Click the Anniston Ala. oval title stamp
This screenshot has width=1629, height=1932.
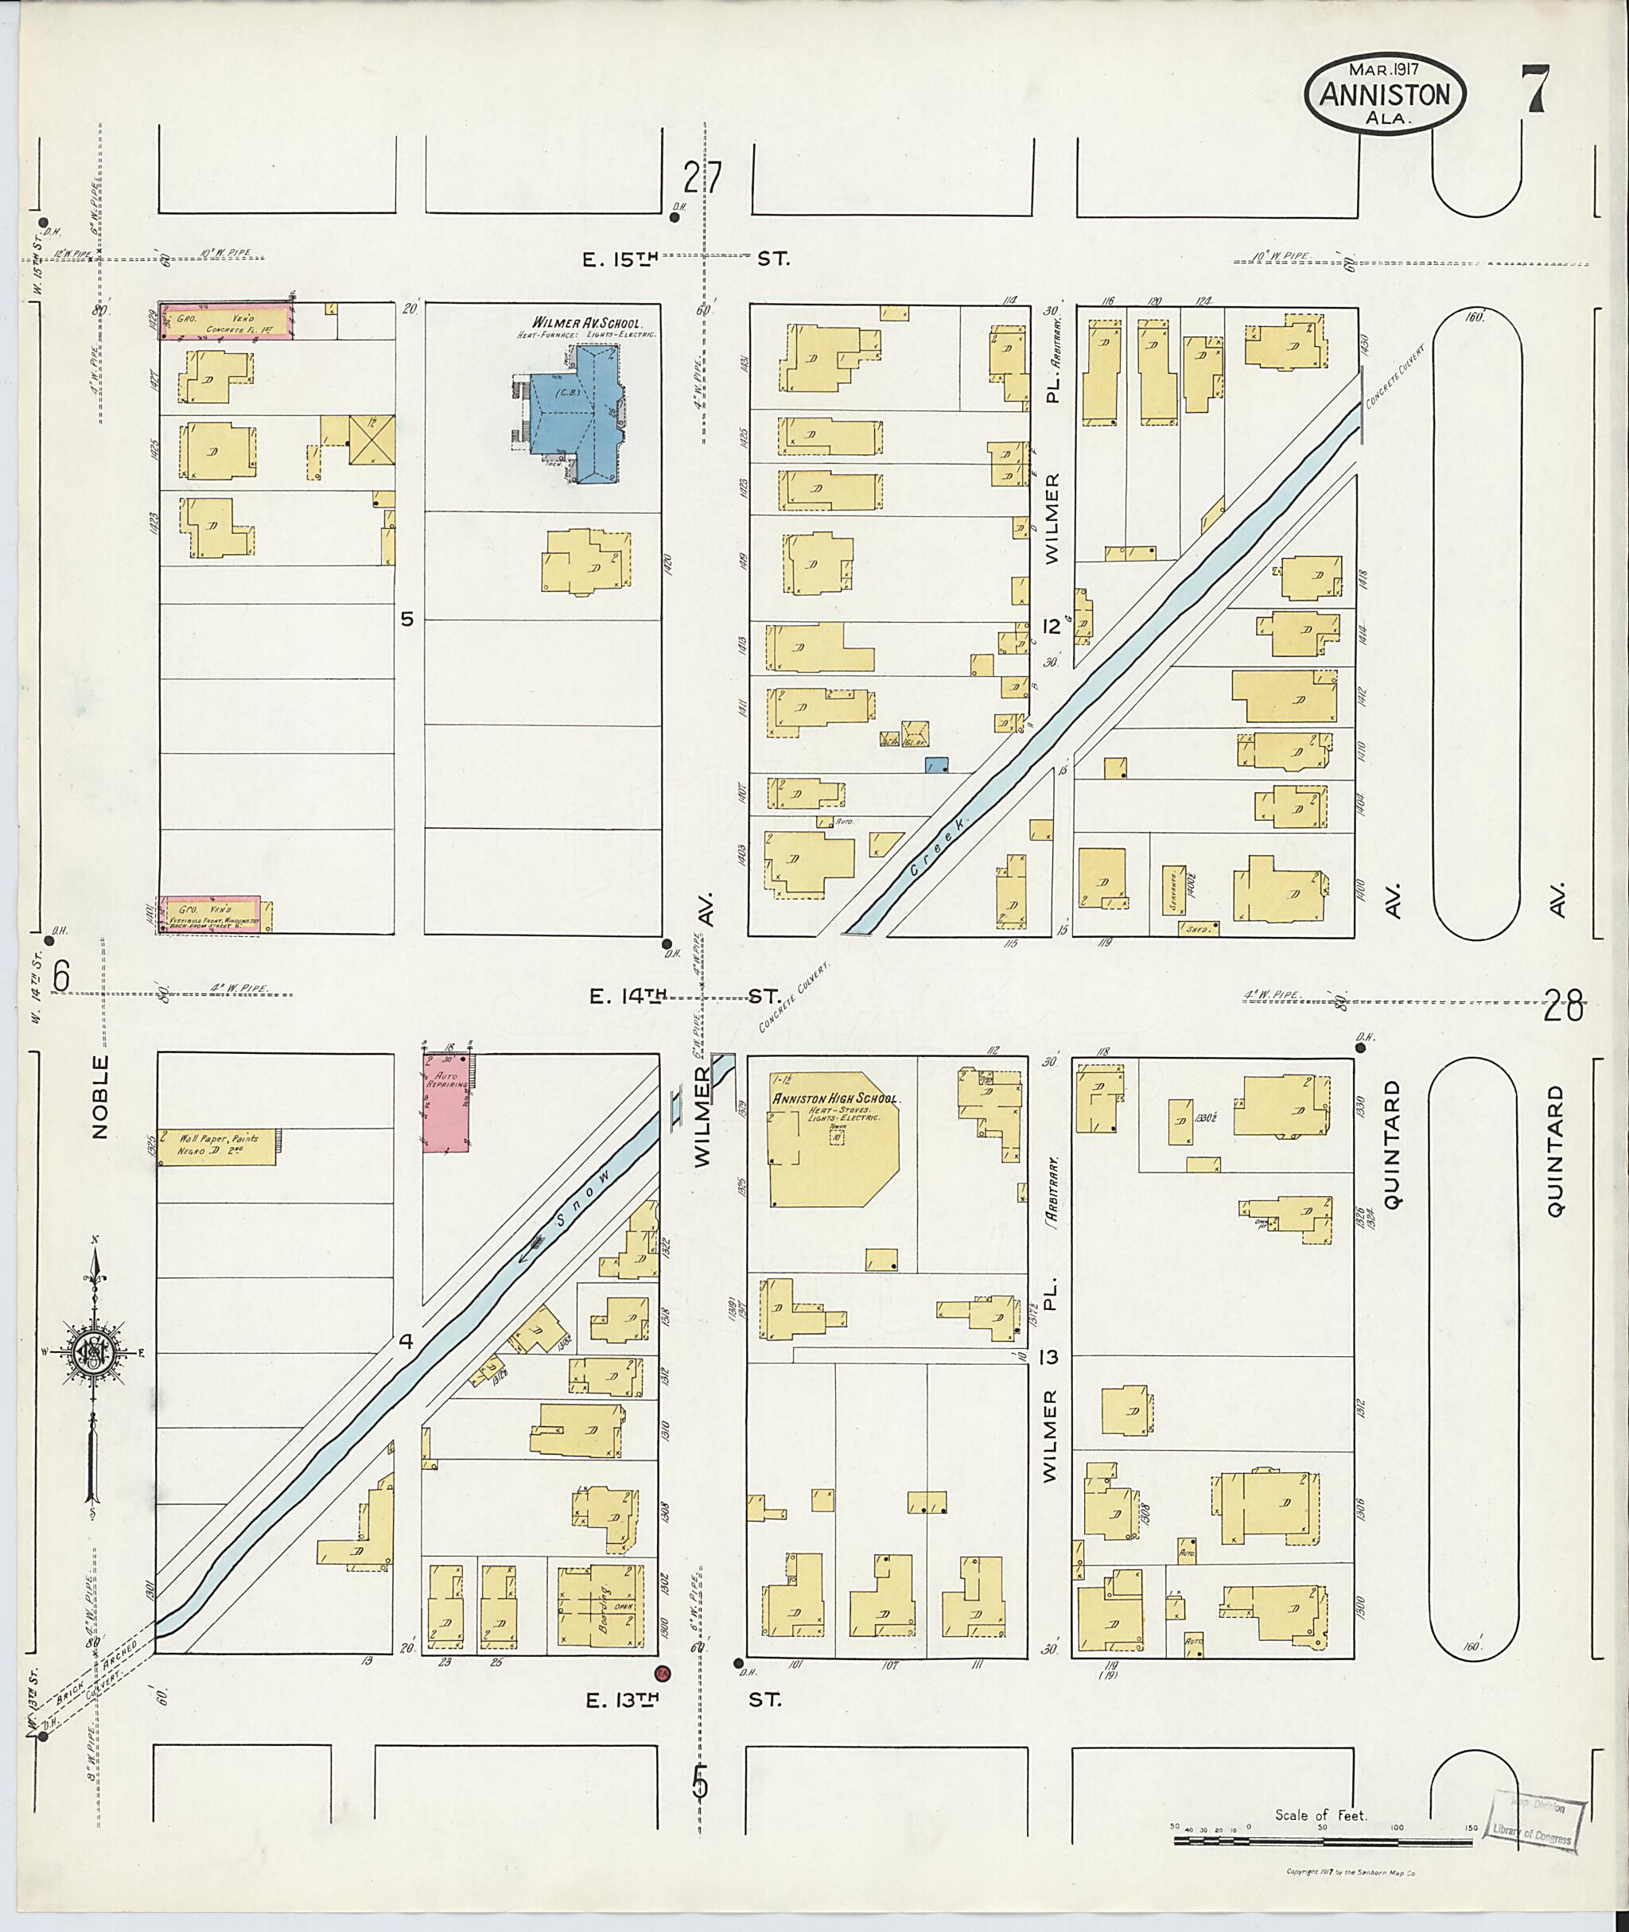coord(1384,95)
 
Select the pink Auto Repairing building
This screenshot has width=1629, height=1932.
coord(446,1102)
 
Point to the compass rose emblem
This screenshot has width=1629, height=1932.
coord(92,1353)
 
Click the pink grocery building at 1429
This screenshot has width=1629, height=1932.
coord(226,320)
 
